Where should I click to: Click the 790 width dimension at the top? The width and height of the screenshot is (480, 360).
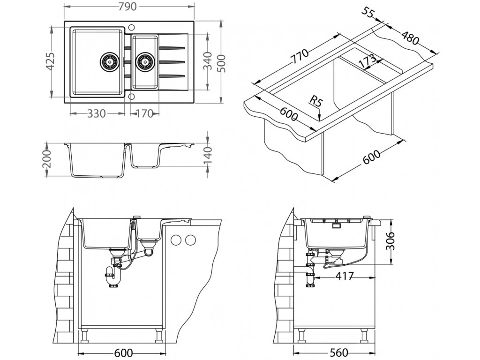(x=127, y=7)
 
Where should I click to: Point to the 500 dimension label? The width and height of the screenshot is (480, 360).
(x=222, y=63)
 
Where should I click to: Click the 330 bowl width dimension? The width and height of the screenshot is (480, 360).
(x=97, y=114)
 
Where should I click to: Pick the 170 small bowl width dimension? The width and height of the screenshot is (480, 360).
(x=144, y=114)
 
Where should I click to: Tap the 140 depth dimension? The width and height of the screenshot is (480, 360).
(x=208, y=155)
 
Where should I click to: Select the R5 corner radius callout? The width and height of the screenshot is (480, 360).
(x=316, y=101)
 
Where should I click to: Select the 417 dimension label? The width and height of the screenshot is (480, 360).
(x=345, y=277)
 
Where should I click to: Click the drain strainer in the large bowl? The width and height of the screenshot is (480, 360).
(x=109, y=61)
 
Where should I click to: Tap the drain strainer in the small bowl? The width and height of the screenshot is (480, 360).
(x=144, y=61)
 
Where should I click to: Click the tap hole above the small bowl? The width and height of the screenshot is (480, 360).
(x=132, y=27)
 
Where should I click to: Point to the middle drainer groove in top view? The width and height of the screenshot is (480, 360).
(x=172, y=62)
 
